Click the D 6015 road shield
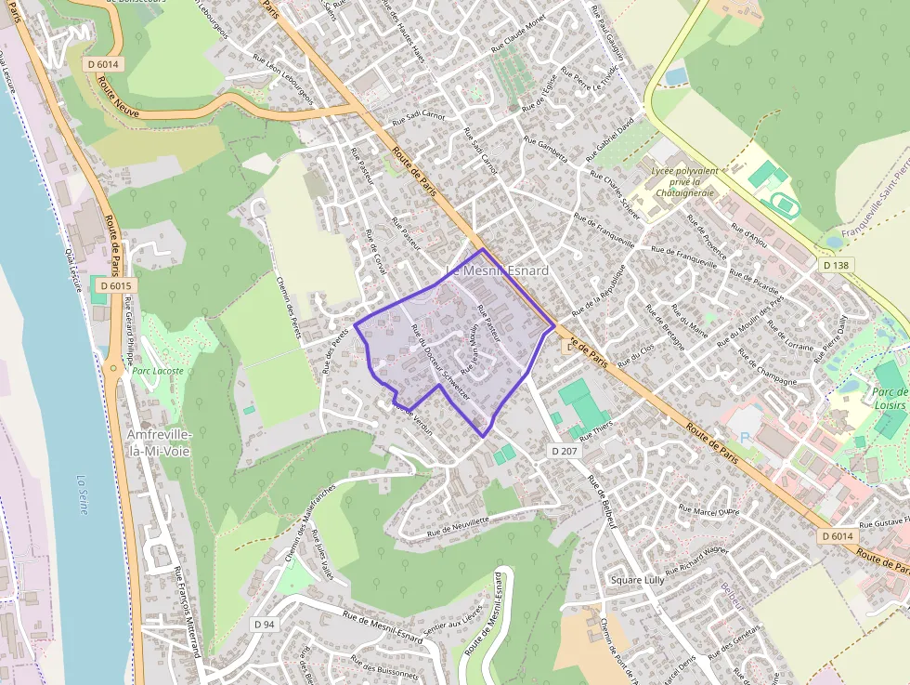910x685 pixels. click(115, 286)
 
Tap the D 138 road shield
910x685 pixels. click(836, 265)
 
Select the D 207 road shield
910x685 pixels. click(564, 451)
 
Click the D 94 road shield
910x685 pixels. click(265, 625)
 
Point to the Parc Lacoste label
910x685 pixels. click(158, 370)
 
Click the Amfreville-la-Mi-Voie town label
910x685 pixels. click(160, 443)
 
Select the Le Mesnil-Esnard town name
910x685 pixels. click(498, 270)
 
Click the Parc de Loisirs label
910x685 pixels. click(890, 398)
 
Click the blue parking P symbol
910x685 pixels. click(743, 438)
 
